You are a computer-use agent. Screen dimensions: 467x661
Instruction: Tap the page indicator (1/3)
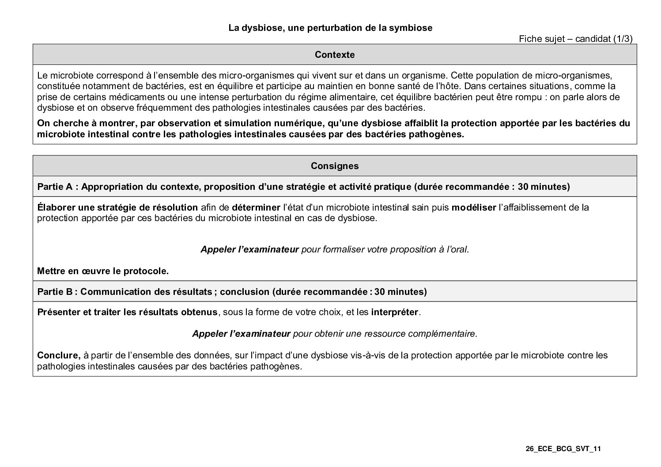[x=623, y=39]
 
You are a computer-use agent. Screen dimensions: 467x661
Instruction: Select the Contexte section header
[x=335, y=55]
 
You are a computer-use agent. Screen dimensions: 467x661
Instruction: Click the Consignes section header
[x=335, y=166]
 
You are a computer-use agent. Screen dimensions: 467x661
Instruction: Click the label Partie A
[x=55, y=187]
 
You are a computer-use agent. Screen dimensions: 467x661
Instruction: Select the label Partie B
[x=55, y=292]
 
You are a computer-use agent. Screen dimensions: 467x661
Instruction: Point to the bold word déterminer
[x=256, y=207]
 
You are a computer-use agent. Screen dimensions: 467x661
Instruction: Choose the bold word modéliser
[x=473, y=207]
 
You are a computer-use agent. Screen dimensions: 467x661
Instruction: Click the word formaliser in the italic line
[x=346, y=249]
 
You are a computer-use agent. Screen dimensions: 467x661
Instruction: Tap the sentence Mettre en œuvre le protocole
[x=103, y=271]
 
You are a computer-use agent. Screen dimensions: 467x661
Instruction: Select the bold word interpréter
[x=394, y=313]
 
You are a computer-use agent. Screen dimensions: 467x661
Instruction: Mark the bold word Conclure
[x=58, y=355]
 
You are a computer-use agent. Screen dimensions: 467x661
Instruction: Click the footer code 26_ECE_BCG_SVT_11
[x=563, y=449]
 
